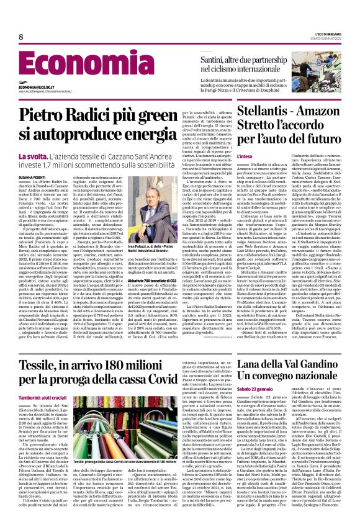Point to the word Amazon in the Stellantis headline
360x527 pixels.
pyautogui.click(x=322, y=114)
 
